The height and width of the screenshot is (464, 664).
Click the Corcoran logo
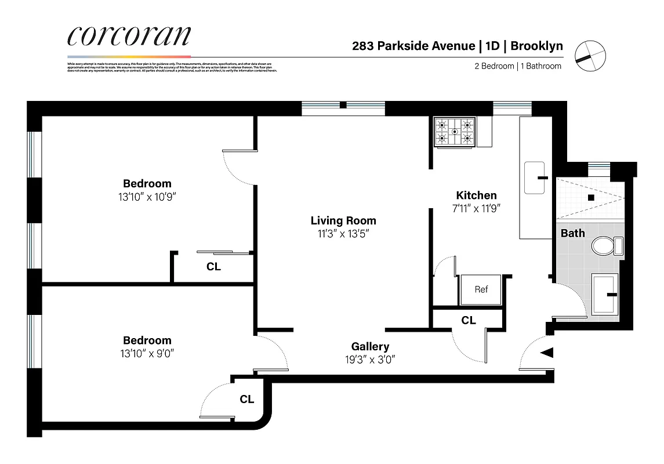[x=128, y=36]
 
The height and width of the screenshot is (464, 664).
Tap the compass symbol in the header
[x=589, y=55]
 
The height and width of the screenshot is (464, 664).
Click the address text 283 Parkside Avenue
[x=412, y=46]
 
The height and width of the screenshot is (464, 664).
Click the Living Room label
[x=343, y=220]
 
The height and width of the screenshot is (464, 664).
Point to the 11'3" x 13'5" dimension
[x=343, y=234]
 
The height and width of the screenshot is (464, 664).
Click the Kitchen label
[x=476, y=195]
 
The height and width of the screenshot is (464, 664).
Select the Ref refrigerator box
[x=481, y=289]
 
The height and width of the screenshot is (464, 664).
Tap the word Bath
[x=572, y=233]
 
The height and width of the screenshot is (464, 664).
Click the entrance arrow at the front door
[x=548, y=353]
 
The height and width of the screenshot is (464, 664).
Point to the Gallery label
[x=370, y=346]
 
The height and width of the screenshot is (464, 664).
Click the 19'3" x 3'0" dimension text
[x=370, y=359]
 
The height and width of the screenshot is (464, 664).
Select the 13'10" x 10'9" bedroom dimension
[x=147, y=197]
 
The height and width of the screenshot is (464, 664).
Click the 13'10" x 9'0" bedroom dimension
[x=147, y=353]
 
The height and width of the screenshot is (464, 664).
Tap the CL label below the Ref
[x=469, y=320]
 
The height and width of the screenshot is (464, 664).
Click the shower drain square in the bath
[x=591, y=197]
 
